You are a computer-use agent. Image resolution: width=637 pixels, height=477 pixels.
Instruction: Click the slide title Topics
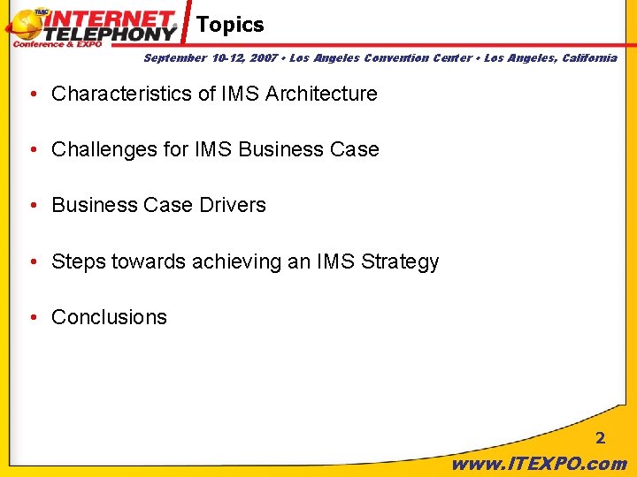click(230, 25)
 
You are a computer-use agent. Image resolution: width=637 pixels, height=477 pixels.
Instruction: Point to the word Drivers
click(234, 206)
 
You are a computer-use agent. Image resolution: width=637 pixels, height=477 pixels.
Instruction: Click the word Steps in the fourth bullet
click(79, 262)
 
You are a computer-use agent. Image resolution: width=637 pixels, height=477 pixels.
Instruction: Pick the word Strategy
click(400, 262)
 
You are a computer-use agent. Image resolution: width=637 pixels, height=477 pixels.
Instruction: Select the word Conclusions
click(109, 318)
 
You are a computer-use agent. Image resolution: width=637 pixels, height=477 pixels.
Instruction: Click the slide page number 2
click(600, 438)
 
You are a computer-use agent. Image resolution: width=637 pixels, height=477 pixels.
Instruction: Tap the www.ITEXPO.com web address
click(539, 463)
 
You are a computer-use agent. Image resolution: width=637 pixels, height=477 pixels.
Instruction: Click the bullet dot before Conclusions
click(32, 318)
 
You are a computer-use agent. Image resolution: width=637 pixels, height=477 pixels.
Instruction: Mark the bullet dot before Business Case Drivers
click(32, 206)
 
